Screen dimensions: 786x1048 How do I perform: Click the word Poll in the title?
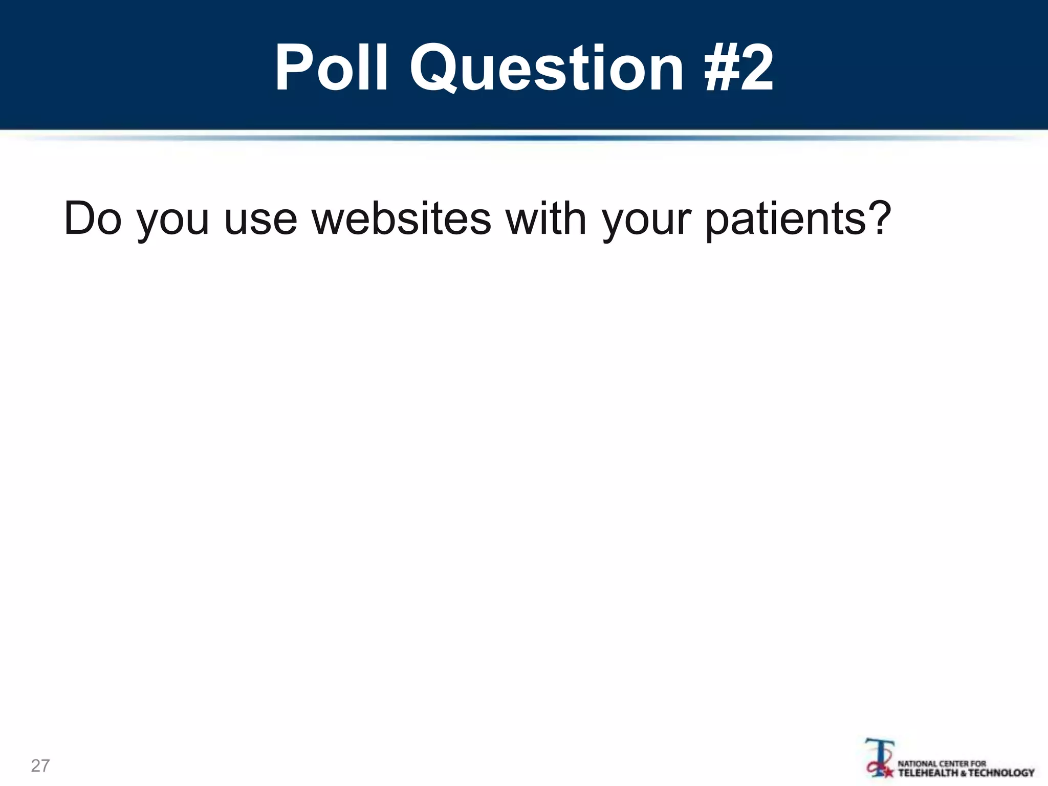(331, 69)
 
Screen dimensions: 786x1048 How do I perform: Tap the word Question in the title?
(546, 69)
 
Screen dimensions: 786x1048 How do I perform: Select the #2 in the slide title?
(738, 69)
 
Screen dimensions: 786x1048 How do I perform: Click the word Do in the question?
(93, 219)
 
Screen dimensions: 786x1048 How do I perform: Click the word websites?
(402, 219)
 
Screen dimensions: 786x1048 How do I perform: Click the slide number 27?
(40, 766)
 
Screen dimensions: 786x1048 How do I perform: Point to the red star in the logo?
(889, 771)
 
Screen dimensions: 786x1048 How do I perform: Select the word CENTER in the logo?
(953, 763)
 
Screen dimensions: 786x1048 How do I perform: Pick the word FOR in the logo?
(978, 763)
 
